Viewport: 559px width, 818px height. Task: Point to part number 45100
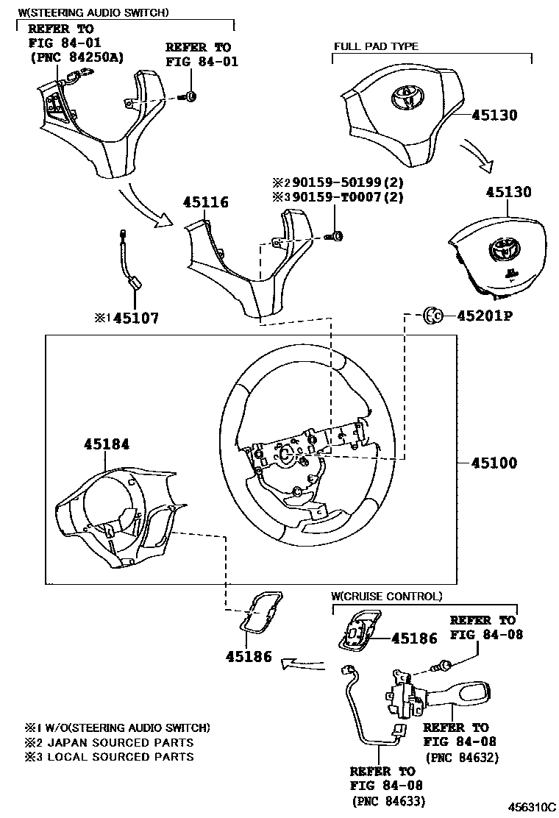click(494, 463)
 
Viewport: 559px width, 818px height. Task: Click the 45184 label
click(106, 444)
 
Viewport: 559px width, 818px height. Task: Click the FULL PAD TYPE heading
click(376, 46)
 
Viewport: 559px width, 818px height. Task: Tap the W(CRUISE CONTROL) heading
click(386, 596)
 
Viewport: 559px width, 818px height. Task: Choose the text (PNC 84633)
click(388, 801)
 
